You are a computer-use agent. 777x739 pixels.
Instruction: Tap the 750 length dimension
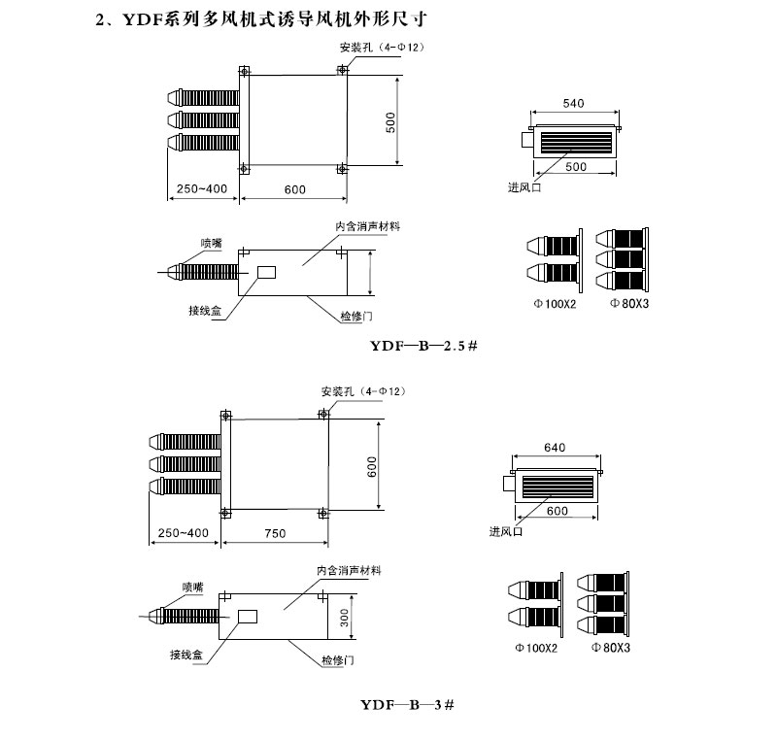[x=276, y=533]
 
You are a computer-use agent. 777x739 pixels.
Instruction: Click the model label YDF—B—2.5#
[x=423, y=345]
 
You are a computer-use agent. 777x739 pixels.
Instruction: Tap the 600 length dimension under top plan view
[x=295, y=188]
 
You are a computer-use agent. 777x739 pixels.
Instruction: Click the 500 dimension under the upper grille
[x=577, y=167]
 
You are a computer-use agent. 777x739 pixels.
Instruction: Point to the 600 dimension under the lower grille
[x=557, y=512]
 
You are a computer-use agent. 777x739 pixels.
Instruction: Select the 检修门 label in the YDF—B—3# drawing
[x=340, y=660]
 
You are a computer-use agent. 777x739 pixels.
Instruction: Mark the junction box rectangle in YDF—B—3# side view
[x=247, y=616]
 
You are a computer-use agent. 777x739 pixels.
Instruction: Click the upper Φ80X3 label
[x=629, y=304]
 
